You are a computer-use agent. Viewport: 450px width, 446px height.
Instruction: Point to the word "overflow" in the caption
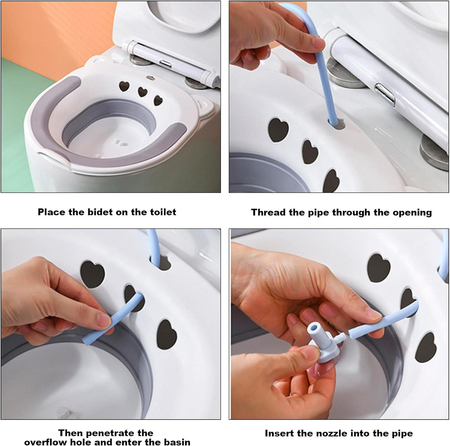(x=46, y=442)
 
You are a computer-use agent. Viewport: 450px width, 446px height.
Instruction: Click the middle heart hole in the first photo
(x=142, y=92)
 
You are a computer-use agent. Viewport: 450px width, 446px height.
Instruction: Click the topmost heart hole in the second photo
(x=278, y=129)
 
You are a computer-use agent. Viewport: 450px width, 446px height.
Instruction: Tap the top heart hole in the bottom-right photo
(x=379, y=268)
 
